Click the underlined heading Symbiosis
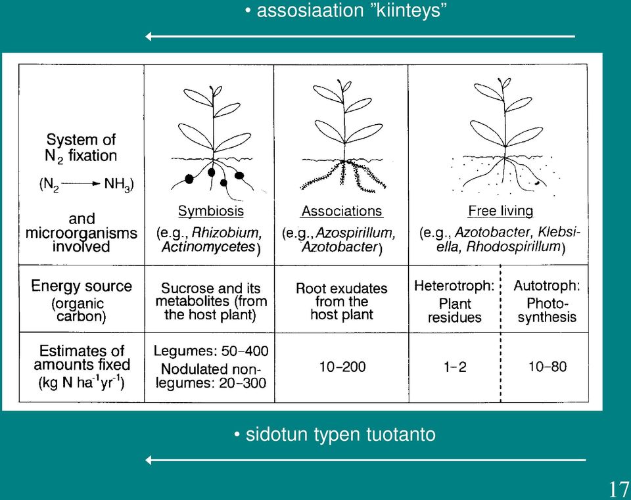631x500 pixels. [x=211, y=211]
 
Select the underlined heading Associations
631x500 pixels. [x=342, y=211]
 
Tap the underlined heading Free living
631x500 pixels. [x=501, y=211]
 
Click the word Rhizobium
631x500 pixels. [x=227, y=233]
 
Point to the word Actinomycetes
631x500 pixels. [x=208, y=246]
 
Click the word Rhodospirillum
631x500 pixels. [x=513, y=246]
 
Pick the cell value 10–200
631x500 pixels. [x=342, y=367]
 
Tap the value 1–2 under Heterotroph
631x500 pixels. [x=455, y=367]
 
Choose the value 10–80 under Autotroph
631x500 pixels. [x=548, y=367]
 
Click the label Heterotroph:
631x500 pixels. [x=454, y=286]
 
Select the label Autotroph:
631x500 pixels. [x=547, y=286]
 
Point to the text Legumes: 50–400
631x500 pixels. [x=211, y=351]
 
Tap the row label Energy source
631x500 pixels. [x=82, y=286]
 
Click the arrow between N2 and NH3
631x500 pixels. [x=80, y=184]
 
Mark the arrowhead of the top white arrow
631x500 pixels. [x=148, y=37]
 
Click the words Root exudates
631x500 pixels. [x=341, y=288]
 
